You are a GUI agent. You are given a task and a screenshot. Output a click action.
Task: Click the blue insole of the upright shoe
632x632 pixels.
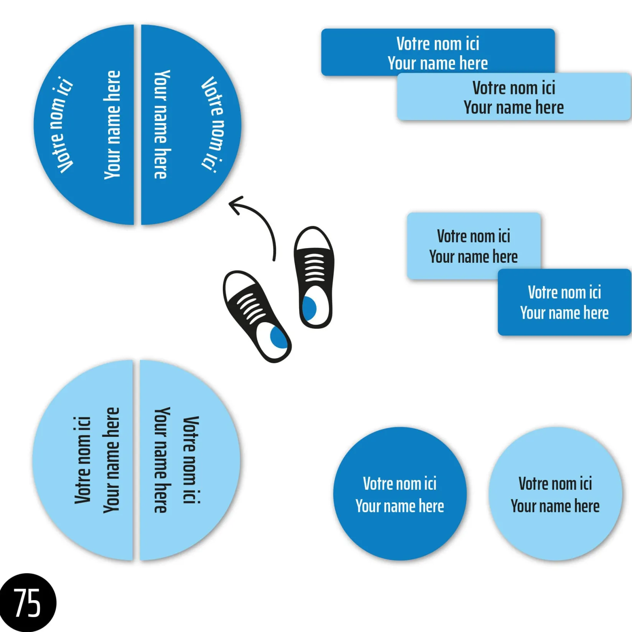click(309, 308)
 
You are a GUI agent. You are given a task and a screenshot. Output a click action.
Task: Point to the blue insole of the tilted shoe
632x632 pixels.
click(278, 337)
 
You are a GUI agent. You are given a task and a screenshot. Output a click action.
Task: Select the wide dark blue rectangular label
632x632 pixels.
click(438, 52)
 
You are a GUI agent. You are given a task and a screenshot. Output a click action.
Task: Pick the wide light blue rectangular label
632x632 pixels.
click(514, 97)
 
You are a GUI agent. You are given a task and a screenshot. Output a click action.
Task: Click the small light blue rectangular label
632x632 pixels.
click(473, 245)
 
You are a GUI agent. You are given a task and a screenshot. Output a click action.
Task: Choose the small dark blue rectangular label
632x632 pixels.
click(564, 302)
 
